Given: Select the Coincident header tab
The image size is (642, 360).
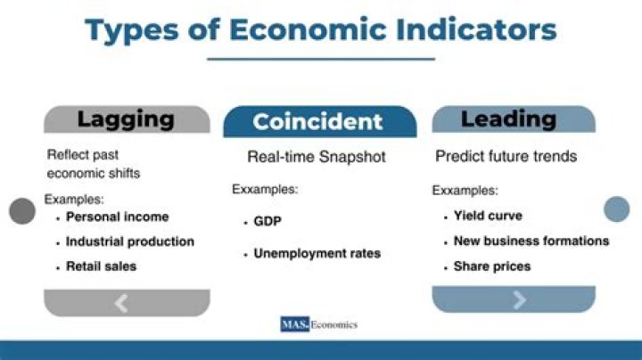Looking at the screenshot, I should [x=317, y=122].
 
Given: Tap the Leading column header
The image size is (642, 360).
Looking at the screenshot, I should [x=508, y=119].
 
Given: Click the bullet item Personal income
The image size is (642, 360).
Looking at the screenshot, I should [x=117, y=217].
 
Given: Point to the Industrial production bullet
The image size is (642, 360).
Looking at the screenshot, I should [x=129, y=241].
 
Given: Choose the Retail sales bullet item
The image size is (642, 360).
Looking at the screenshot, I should [x=101, y=266].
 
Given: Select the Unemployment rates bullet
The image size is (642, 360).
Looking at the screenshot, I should [x=317, y=254].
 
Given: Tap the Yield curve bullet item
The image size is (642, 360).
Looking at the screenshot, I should [x=487, y=216].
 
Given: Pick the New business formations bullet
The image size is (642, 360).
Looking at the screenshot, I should [x=531, y=241].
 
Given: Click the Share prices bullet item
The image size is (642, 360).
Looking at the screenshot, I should [x=491, y=266].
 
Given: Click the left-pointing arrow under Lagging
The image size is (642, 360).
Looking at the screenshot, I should [x=122, y=303].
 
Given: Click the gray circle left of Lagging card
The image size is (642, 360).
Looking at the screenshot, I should [x=21, y=211].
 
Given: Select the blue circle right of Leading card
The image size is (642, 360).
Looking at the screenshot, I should [x=616, y=209].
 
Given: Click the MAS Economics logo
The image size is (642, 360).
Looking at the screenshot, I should [x=318, y=324].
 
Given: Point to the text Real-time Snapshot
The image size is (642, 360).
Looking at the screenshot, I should [x=317, y=158].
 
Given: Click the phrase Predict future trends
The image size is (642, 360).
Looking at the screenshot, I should [x=506, y=157].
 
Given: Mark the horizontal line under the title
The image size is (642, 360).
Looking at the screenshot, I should [x=321, y=59].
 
